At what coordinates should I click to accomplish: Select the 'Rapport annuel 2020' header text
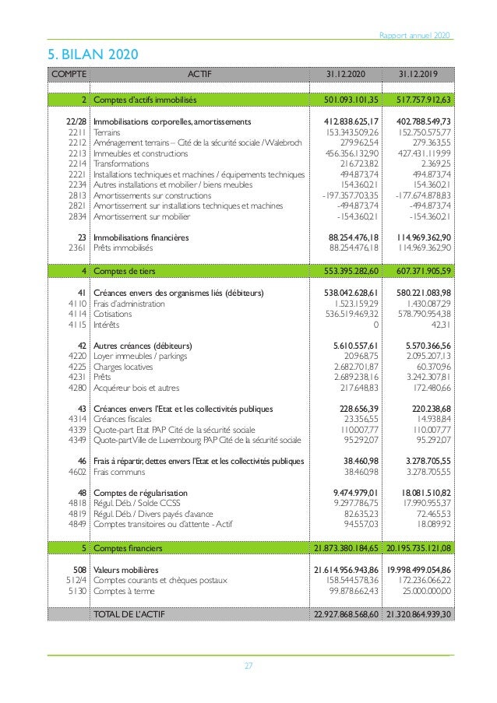click(x=414, y=36)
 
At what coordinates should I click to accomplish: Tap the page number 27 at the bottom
click(x=248, y=666)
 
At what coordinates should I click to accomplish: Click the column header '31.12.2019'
click(x=418, y=74)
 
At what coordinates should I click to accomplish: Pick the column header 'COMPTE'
click(x=69, y=74)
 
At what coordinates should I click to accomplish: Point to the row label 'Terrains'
click(x=108, y=132)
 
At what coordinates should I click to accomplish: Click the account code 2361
click(x=76, y=248)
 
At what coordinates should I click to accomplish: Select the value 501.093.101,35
click(x=351, y=100)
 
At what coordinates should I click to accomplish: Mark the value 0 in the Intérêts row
click(x=376, y=325)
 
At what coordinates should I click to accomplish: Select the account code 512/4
click(x=74, y=580)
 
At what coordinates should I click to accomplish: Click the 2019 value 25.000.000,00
click(x=425, y=591)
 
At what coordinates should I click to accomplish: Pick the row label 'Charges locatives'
click(x=123, y=367)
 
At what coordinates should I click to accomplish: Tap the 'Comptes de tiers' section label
click(x=124, y=271)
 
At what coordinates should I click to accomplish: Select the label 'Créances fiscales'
click(x=123, y=419)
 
